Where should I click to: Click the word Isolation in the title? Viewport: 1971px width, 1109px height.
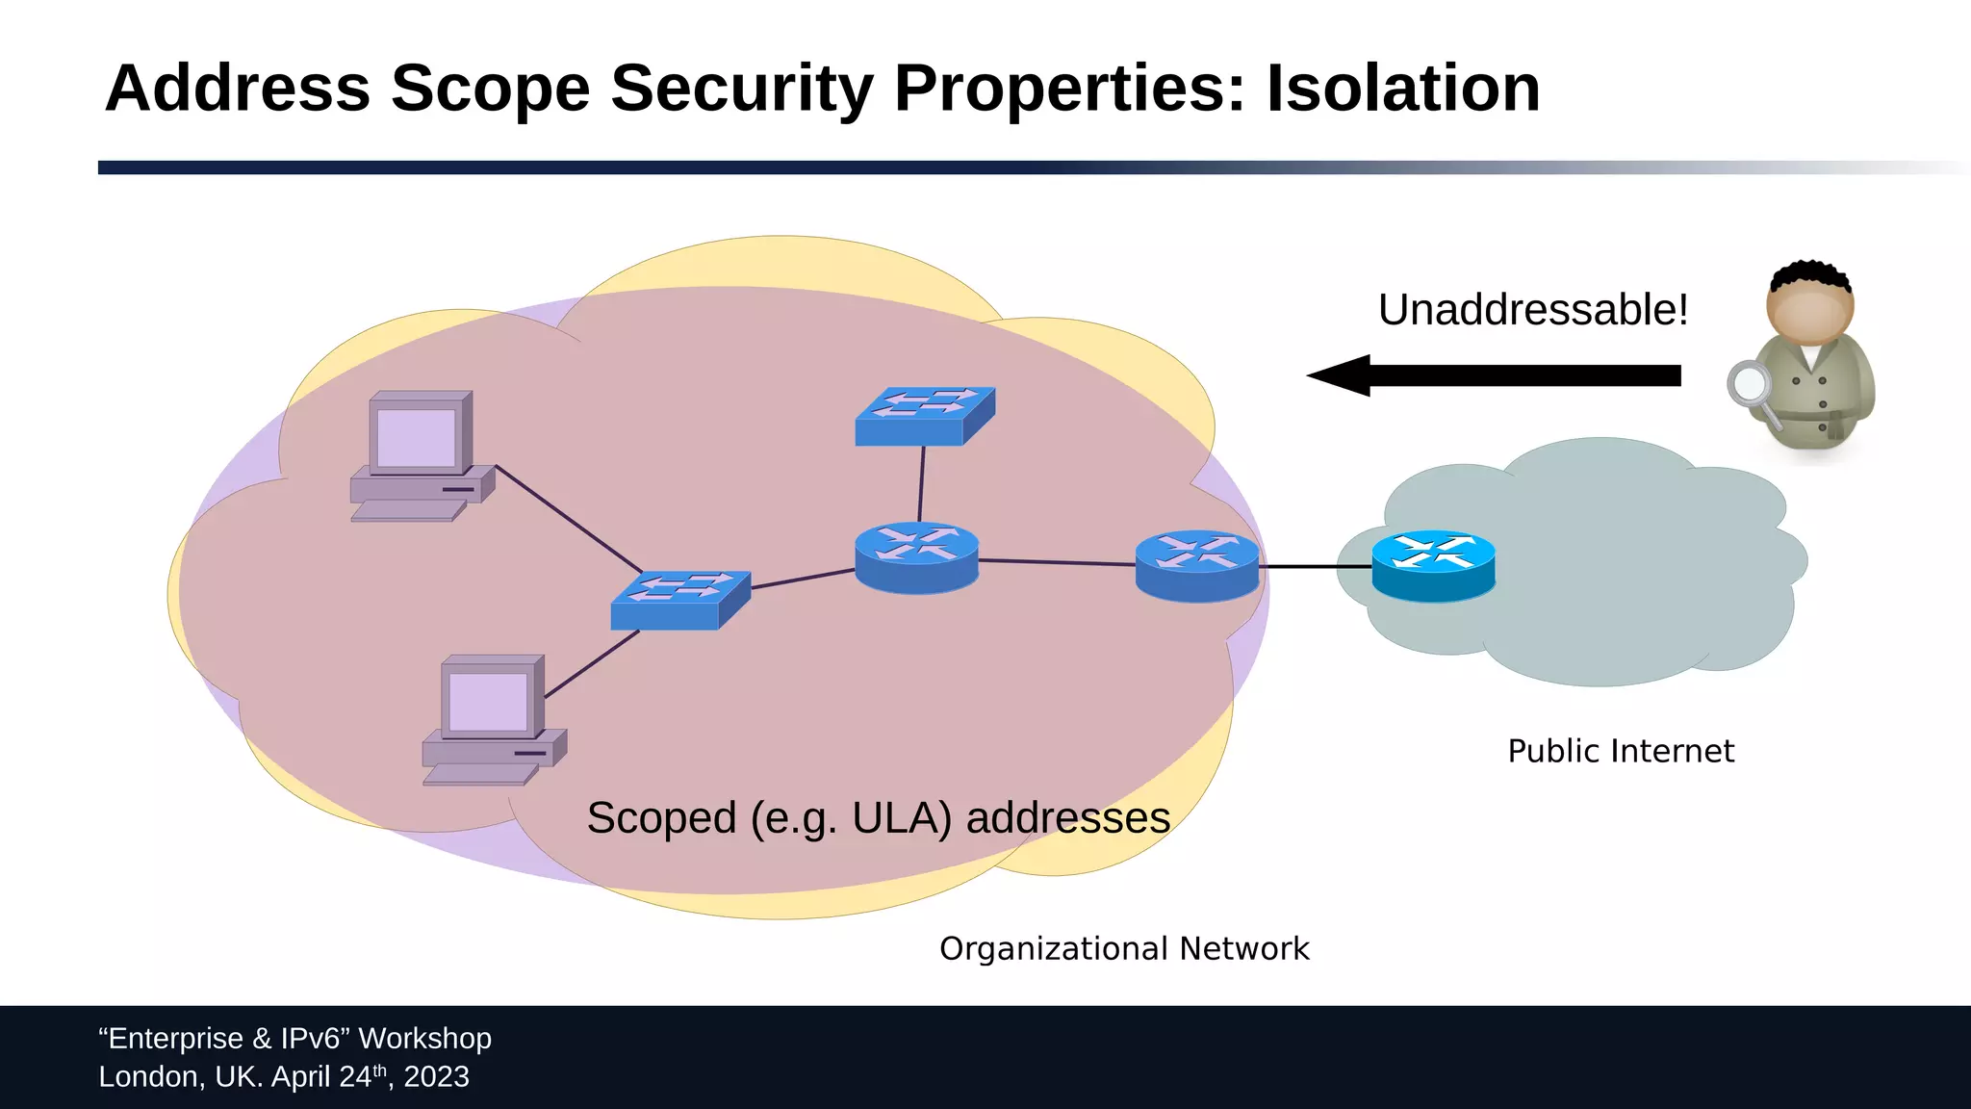coord(1402,89)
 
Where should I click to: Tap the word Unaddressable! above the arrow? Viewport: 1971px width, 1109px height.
coord(1532,310)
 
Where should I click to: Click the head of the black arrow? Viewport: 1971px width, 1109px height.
coord(1340,375)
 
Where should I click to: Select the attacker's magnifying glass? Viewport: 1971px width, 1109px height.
coord(1749,384)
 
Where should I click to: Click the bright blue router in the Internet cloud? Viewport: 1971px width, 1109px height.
coord(1433,565)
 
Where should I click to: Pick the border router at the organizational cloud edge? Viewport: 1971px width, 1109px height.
coord(1196,565)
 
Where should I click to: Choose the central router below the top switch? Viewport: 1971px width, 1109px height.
coord(916,556)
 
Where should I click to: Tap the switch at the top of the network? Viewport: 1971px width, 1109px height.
coord(924,416)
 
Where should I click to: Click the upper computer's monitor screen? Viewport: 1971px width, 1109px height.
coord(417,437)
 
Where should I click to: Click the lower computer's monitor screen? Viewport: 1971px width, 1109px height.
coord(488,701)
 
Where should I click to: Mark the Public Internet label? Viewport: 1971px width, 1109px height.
coord(1620,751)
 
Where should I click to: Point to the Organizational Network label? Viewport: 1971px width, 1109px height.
coord(1123,948)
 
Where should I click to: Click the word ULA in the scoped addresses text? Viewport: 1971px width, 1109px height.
coord(901,818)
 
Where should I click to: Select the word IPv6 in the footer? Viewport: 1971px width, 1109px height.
coord(316,1039)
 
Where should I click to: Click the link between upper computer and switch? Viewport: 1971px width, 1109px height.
coord(568,519)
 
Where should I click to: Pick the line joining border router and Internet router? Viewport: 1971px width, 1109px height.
coord(1315,567)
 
